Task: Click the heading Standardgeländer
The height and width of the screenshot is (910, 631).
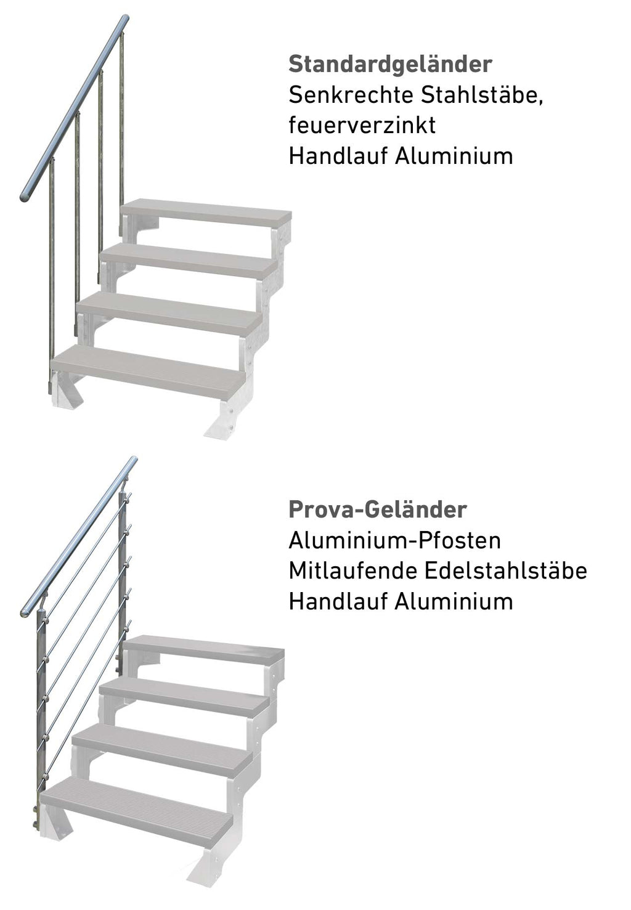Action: (x=390, y=64)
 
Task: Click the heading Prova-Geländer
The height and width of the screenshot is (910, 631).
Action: (x=377, y=510)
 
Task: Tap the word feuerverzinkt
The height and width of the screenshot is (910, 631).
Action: (x=362, y=125)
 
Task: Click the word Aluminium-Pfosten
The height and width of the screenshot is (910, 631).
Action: (x=394, y=540)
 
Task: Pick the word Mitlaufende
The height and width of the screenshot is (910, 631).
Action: (x=352, y=571)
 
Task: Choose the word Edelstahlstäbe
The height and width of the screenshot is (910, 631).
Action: (x=505, y=571)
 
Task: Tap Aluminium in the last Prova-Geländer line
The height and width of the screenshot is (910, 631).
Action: (x=454, y=601)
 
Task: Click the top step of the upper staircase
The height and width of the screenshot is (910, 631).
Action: (x=206, y=213)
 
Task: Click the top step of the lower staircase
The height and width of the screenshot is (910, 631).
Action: (x=203, y=648)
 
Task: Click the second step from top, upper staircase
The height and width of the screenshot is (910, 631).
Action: (x=188, y=259)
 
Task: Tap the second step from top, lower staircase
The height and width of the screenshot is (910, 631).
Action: (x=184, y=696)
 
